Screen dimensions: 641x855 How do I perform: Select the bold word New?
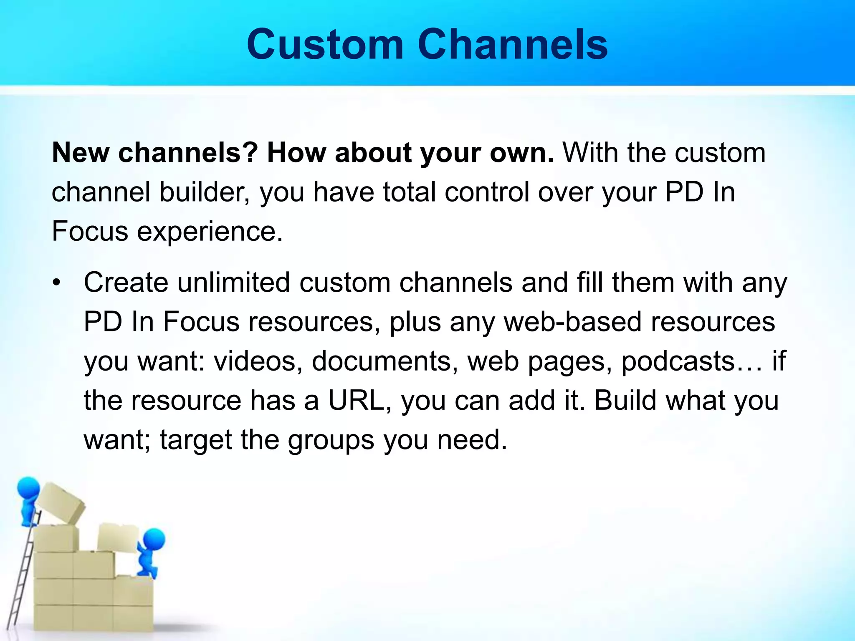[x=80, y=153]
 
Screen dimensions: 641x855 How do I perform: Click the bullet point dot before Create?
[x=57, y=283]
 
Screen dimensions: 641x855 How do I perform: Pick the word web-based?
[x=572, y=322]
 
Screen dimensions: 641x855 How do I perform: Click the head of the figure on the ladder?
[x=28, y=487]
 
